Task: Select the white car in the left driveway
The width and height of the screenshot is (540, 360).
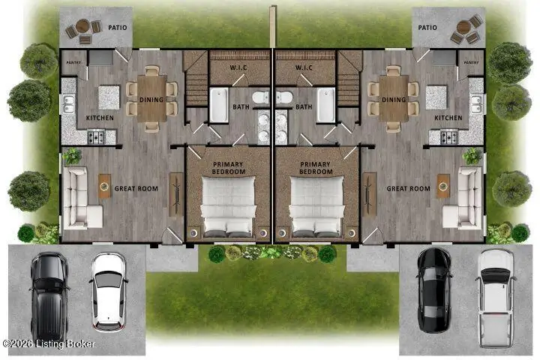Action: [109, 290]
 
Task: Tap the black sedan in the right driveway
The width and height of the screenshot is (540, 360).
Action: [433, 290]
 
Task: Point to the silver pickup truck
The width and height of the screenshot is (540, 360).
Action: [495, 290]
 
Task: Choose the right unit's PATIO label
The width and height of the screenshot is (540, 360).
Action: [427, 27]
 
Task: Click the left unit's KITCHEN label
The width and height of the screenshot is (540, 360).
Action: [100, 118]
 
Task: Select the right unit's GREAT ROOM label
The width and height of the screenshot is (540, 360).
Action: [408, 189]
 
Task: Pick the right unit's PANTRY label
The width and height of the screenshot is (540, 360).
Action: [471, 62]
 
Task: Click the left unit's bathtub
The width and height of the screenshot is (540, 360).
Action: [219, 105]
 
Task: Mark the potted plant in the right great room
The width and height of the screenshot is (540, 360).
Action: [473, 155]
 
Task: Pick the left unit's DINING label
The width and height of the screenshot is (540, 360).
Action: [152, 99]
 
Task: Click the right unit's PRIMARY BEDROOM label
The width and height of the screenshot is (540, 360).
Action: [315, 168]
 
